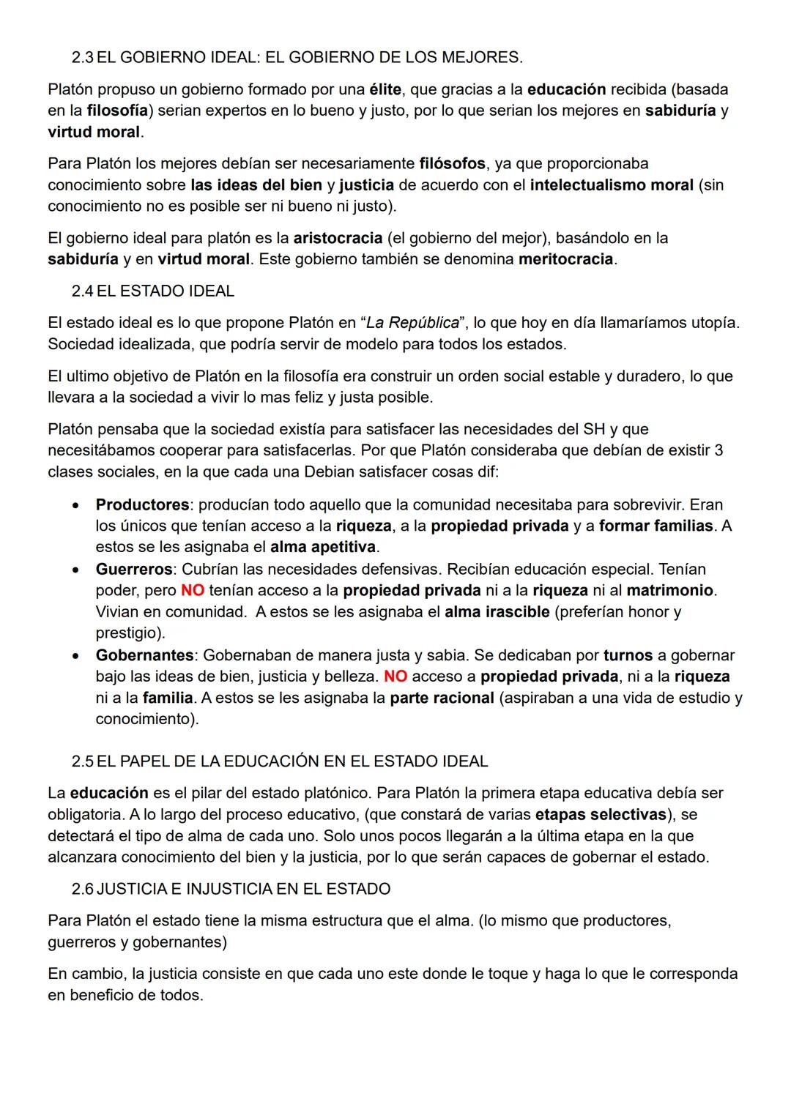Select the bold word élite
point(385,89)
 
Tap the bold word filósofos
point(452,163)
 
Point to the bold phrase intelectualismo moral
point(612,185)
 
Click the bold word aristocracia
point(338,238)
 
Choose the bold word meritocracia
point(565,259)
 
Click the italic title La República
point(412,323)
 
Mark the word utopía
point(713,323)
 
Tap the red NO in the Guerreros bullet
point(193,590)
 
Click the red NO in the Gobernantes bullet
point(395,677)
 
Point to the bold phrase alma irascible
point(497,611)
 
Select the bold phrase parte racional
point(442,698)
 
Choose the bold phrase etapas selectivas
point(601,814)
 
